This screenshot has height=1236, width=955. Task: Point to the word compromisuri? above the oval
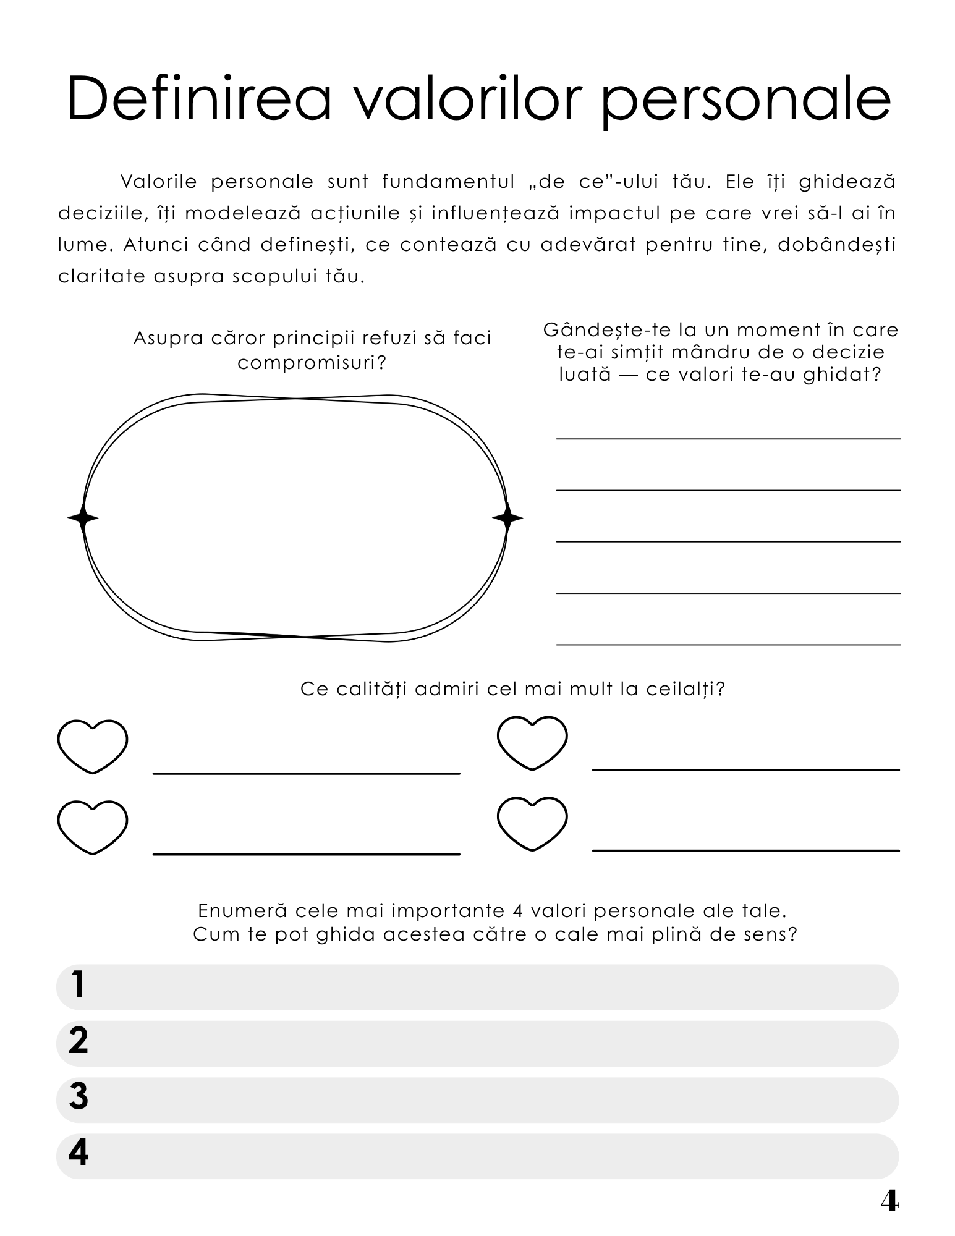(312, 363)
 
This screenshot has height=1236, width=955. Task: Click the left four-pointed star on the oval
(83, 518)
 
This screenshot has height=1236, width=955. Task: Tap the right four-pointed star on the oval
(507, 518)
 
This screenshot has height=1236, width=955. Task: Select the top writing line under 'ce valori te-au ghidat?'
(728, 438)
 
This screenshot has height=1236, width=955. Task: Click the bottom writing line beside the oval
(728, 644)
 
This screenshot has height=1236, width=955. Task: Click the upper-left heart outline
(93, 746)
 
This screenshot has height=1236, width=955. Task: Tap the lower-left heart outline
(93, 827)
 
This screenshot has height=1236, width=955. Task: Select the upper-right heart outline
(532, 742)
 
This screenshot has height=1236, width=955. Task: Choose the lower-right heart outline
(532, 823)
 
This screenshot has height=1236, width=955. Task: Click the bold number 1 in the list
(78, 985)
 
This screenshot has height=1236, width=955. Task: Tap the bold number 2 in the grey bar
(79, 1041)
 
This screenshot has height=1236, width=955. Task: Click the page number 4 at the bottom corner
(889, 1201)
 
